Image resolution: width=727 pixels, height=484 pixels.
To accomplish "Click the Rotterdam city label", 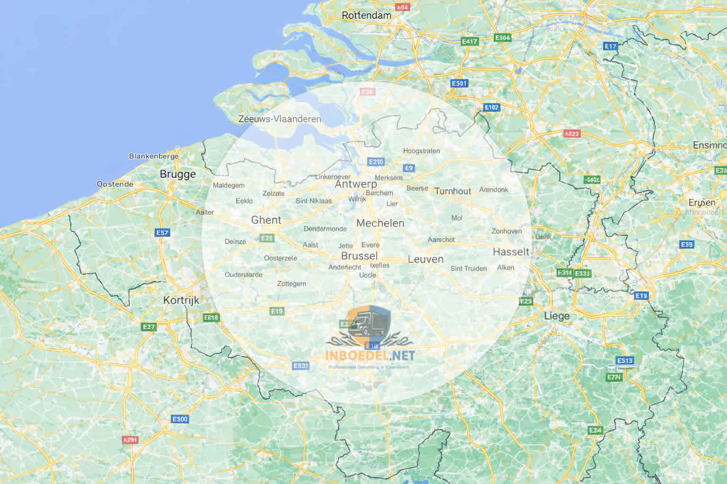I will click(x=366, y=15).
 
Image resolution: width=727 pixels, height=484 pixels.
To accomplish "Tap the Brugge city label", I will click(x=177, y=174).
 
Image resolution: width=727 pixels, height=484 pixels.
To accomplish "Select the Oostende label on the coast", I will click(x=115, y=184).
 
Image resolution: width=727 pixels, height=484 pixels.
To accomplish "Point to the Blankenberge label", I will click(x=153, y=156).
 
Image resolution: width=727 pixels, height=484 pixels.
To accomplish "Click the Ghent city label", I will click(x=266, y=220).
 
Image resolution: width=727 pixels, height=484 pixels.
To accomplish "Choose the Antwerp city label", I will click(x=356, y=184).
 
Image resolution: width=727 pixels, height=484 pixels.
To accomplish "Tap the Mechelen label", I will click(x=380, y=223).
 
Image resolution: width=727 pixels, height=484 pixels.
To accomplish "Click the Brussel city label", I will click(x=359, y=256).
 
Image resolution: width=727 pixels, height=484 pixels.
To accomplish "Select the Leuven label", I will click(x=426, y=259).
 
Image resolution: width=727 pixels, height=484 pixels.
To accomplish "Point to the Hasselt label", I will click(x=511, y=251).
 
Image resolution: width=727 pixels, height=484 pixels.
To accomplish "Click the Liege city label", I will click(x=557, y=316).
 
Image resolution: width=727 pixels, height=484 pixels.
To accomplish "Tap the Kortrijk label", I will click(x=181, y=300).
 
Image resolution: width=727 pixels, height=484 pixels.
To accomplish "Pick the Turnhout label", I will click(x=452, y=191).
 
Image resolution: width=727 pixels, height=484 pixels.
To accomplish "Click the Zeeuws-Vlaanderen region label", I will click(x=280, y=119).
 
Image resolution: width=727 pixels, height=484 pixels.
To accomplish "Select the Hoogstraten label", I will click(x=421, y=151).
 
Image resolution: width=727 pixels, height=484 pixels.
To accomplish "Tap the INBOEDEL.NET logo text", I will click(x=370, y=355).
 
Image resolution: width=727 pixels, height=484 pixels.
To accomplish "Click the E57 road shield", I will click(x=162, y=233).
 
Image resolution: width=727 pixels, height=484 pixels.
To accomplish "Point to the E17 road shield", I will click(x=611, y=46).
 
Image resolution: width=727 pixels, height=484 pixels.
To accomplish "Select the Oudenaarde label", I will click(x=243, y=275).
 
